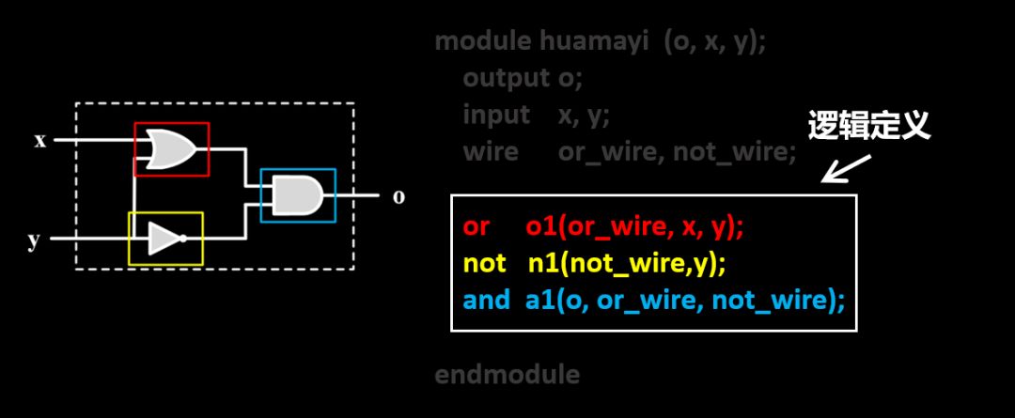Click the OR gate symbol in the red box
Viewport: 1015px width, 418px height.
(171, 148)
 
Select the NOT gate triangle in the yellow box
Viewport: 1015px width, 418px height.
(165, 239)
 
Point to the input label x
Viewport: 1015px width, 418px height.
(40, 141)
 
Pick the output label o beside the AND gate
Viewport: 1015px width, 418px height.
(398, 196)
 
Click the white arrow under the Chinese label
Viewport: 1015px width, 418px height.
(843, 169)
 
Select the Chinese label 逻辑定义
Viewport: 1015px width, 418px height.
(869, 127)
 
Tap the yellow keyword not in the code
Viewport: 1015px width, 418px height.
(484, 264)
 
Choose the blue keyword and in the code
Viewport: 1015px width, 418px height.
(487, 301)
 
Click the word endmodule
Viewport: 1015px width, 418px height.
(507, 375)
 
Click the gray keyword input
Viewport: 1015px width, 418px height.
(496, 115)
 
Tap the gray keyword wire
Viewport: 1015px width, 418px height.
(490, 151)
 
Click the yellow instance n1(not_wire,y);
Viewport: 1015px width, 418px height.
(627, 264)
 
